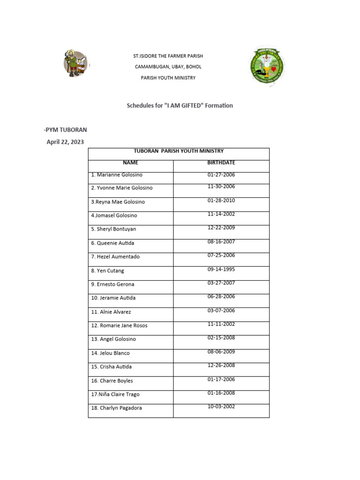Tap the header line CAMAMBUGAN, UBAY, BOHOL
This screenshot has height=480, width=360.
pos(168,67)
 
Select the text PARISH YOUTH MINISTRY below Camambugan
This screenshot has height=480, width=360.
pos(168,78)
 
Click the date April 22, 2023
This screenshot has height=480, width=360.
pos(65,142)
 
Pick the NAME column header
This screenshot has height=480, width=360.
pos(130,163)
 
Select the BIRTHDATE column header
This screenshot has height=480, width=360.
pos(221,163)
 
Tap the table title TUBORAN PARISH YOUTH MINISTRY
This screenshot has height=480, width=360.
pos(179,151)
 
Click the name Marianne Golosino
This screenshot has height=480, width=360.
pos(117,175)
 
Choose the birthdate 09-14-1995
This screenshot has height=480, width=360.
pos(221,269)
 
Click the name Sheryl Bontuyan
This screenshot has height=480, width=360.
pos(113,229)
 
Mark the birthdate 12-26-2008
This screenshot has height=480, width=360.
pos(221,365)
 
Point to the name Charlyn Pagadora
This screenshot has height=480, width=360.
pos(116,408)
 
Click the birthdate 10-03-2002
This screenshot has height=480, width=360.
pos(221,406)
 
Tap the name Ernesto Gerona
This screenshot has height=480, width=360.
pos(114,284)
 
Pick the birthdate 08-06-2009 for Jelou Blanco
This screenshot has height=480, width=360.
pos(221,352)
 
